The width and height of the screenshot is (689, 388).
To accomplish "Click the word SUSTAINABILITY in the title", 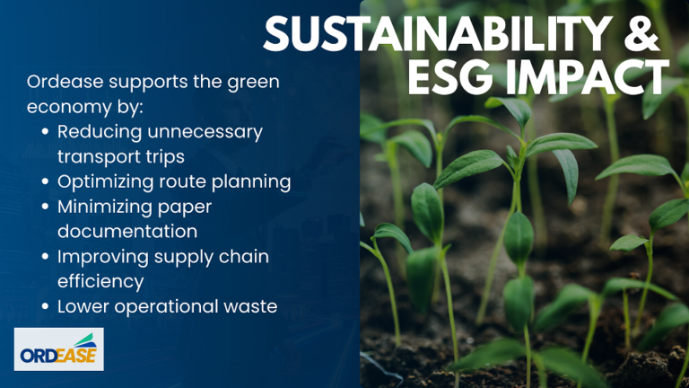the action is coord(437,34).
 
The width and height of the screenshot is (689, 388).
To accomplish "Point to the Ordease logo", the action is coord(59,348).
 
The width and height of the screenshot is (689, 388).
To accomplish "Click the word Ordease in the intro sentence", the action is coord(65,82).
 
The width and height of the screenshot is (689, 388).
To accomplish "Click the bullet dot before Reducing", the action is coord(45,132).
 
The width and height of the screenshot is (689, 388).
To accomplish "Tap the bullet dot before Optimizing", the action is coord(45,182).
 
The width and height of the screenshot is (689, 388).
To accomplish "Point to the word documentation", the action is coord(127,232).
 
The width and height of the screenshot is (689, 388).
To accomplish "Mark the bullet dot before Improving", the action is coord(45,257).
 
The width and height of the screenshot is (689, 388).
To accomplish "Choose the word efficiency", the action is coord(100,282).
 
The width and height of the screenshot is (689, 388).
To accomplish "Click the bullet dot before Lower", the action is coord(45,307).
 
